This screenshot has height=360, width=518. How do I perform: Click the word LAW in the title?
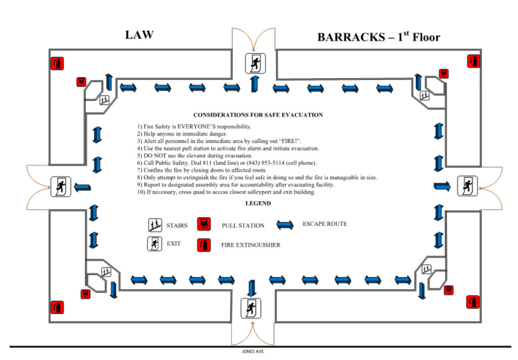click(x=139, y=35)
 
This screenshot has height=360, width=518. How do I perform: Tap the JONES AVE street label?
click(x=253, y=351)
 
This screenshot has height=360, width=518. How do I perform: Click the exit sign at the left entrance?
click(x=60, y=187)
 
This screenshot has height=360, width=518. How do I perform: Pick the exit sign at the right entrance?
click(x=467, y=186)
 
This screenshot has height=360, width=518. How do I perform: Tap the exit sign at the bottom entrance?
click(x=250, y=308)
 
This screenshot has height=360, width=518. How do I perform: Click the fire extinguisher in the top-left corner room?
click(x=57, y=64)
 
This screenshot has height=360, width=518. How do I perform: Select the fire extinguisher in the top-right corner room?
click(x=473, y=61)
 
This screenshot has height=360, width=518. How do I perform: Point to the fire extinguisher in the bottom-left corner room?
click(x=57, y=307)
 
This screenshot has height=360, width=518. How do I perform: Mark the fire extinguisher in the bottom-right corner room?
click(x=473, y=302)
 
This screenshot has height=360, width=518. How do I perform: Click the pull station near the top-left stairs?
click(x=81, y=82)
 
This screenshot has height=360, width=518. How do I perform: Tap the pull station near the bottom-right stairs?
click(x=448, y=290)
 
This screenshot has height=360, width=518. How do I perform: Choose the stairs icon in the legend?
click(x=155, y=225)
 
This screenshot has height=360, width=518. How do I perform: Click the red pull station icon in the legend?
click(x=204, y=224)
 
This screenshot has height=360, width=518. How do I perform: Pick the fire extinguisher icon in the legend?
click(x=204, y=245)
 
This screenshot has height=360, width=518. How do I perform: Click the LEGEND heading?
click(x=258, y=204)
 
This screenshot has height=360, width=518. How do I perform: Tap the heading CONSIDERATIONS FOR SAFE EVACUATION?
click(x=258, y=115)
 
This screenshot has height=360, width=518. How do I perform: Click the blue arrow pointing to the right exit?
click(x=442, y=186)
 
